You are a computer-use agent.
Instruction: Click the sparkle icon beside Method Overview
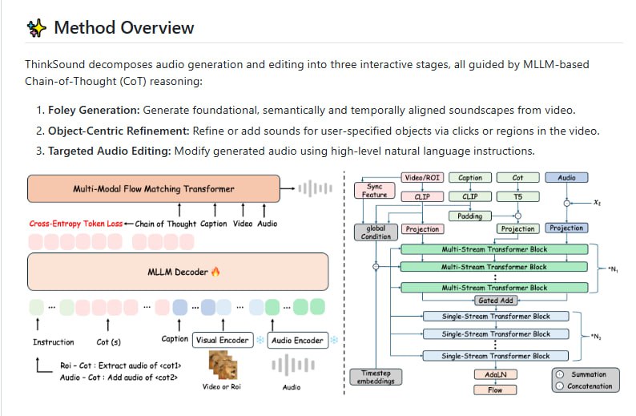[37, 28]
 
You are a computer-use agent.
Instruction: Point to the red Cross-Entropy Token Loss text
[77, 224]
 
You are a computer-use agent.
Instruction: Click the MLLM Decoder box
[179, 272]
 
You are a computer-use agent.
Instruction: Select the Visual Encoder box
[222, 340]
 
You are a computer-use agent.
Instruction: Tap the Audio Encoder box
[297, 340]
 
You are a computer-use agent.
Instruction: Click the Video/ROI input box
[421, 177]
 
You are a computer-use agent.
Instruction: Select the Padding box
[470, 216]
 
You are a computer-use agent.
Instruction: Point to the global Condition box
[376, 232]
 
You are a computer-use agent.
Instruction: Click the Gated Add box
[494, 300]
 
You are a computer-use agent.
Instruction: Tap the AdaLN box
[494, 374]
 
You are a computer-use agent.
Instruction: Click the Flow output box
[494, 390]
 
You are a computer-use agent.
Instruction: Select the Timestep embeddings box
[376, 377]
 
